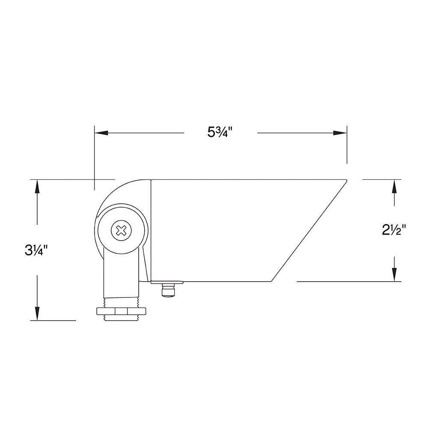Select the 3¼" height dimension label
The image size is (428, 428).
pyautogui.click(x=36, y=250)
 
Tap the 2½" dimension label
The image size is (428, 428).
pyautogui.click(x=394, y=231)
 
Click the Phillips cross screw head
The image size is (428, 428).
pyautogui.click(x=121, y=231)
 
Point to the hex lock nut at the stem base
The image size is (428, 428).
pyautogui.click(x=121, y=311)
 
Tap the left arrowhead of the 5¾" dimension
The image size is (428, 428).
pyautogui.click(x=101, y=133)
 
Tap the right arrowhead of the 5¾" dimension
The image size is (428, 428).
pyautogui.click(x=340, y=133)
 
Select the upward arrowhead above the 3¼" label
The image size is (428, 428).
pyautogui.click(x=37, y=187)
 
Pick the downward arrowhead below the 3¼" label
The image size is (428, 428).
pyautogui.click(x=37, y=314)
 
